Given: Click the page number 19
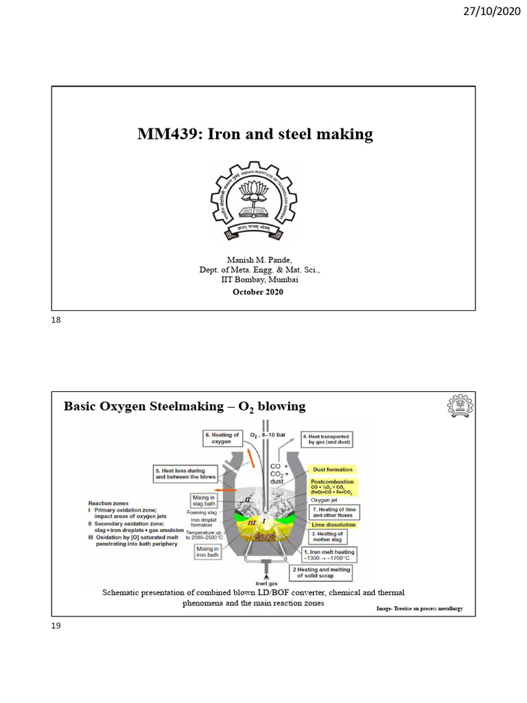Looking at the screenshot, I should [56, 625].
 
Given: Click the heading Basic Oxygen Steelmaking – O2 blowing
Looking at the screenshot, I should [185, 406].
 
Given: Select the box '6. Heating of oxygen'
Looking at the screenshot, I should [222, 439].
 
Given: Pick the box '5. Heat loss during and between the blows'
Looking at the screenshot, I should [185, 473].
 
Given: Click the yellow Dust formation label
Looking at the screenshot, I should [332, 470].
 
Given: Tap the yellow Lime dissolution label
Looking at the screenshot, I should [333, 525].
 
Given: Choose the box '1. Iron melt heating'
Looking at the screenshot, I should [330, 555].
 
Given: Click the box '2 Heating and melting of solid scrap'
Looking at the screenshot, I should [323, 573].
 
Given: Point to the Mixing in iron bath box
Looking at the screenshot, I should [208, 552].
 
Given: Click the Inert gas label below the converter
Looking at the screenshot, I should [266, 584].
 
